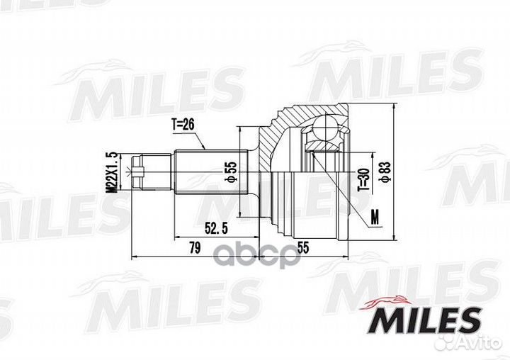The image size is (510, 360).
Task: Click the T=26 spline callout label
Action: [183, 124]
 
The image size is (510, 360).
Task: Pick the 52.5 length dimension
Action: [216, 228]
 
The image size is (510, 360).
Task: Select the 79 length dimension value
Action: [195, 248]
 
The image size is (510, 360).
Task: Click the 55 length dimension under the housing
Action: [302, 248]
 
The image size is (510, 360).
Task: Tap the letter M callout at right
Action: [375, 217]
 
